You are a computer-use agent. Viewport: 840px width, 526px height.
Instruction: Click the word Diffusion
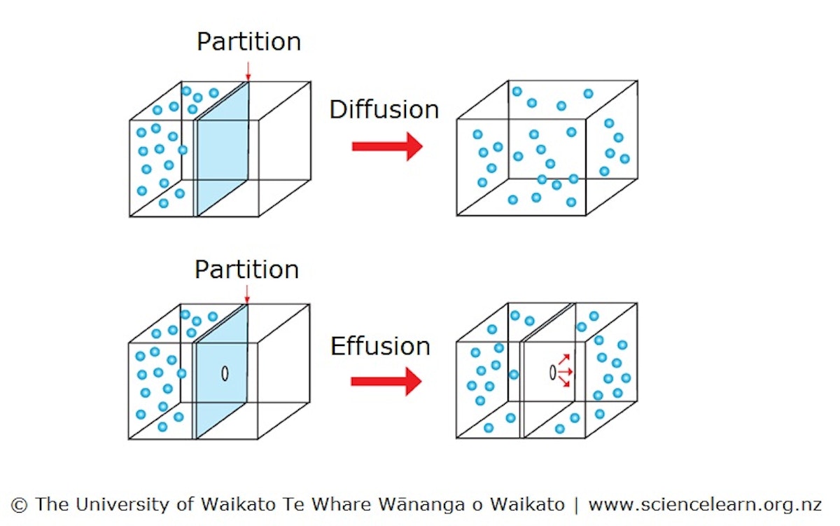[384, 110]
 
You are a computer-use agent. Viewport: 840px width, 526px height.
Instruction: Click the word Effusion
[380, 347]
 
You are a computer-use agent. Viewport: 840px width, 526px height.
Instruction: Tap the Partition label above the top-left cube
[248, 42]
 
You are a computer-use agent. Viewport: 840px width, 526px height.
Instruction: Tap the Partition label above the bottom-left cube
[246, 270]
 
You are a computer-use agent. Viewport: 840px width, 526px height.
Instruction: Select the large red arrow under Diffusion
[387, 146]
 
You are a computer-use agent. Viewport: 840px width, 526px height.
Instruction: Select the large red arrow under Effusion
[386, 381]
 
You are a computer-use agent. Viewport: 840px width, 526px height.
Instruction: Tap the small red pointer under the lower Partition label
[246, 297]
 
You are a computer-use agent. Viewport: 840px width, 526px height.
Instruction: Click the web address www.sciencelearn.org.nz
[706, 504]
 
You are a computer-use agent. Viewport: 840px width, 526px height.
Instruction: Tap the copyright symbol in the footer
[20, 504]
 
